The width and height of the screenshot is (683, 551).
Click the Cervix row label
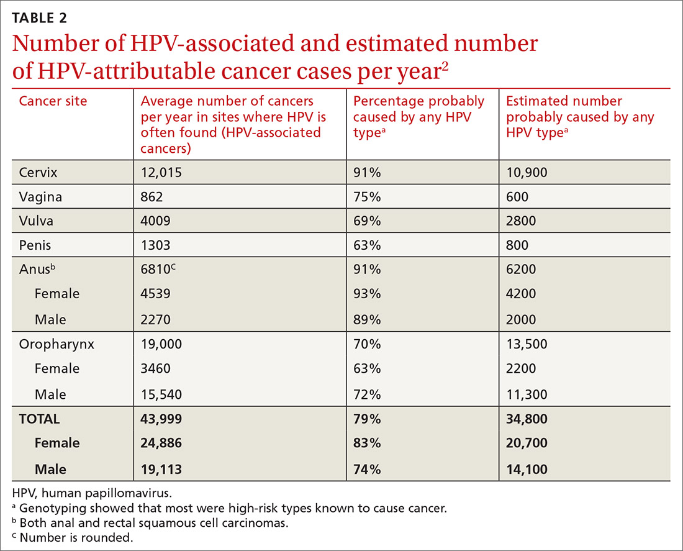37,173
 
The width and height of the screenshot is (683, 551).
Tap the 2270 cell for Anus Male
155,320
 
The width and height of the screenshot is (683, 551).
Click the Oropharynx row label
57,344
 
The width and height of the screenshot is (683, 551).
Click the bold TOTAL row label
39,419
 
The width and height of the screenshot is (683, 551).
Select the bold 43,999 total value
161,419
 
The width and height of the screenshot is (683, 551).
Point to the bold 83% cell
366,444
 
